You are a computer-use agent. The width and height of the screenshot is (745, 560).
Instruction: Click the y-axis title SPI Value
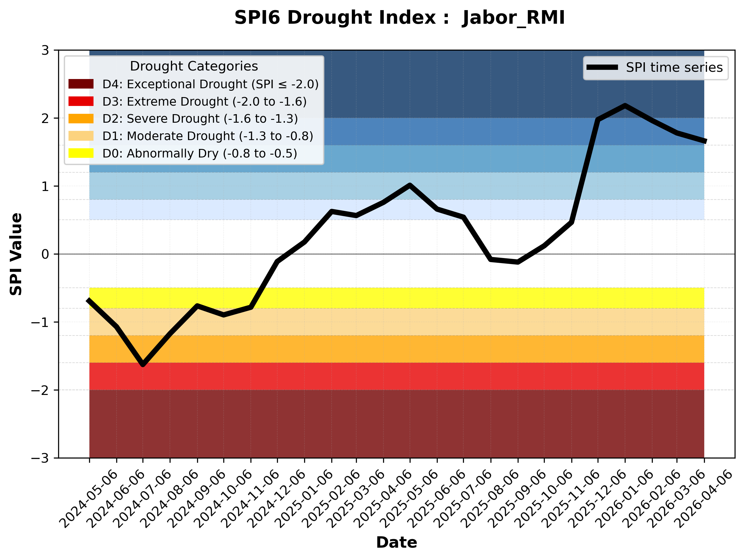pyautogui.click(x=16, y=254)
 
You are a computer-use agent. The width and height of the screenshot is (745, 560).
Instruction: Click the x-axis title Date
pyautogui.click(x=396, y=543)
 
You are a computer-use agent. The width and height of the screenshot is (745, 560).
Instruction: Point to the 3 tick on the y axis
pyautogui.click(x=45, y=51)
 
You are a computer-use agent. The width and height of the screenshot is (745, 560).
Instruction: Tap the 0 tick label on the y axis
pyautogui.click(x=45, y=254)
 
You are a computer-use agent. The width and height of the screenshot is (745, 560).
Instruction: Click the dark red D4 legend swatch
pyautogui.click(x=81, y=84)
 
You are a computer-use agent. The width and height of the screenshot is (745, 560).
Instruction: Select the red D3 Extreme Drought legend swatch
pyautogui.click(x=81, y=101)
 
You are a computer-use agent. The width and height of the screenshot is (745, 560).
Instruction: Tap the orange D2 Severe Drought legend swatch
pyautogui.click(x=81, y=119)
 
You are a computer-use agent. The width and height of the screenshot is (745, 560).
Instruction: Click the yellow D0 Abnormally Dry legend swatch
pyautogui.click(x=81, y=153)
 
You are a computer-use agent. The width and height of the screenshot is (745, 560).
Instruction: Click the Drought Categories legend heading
pyautogui.click(x=194, y=66)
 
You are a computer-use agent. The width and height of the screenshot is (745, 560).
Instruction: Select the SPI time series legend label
pyautogui.click(x=674, y=67)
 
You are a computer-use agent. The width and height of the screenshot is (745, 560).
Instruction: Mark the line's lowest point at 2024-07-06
pyautogui.click(x=143, y=365)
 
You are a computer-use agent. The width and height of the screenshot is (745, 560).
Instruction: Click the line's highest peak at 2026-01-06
pyautogui.click(x=625, y=106)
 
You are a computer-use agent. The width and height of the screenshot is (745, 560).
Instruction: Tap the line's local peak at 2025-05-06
pyautogui.click(x=410, y=185)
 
